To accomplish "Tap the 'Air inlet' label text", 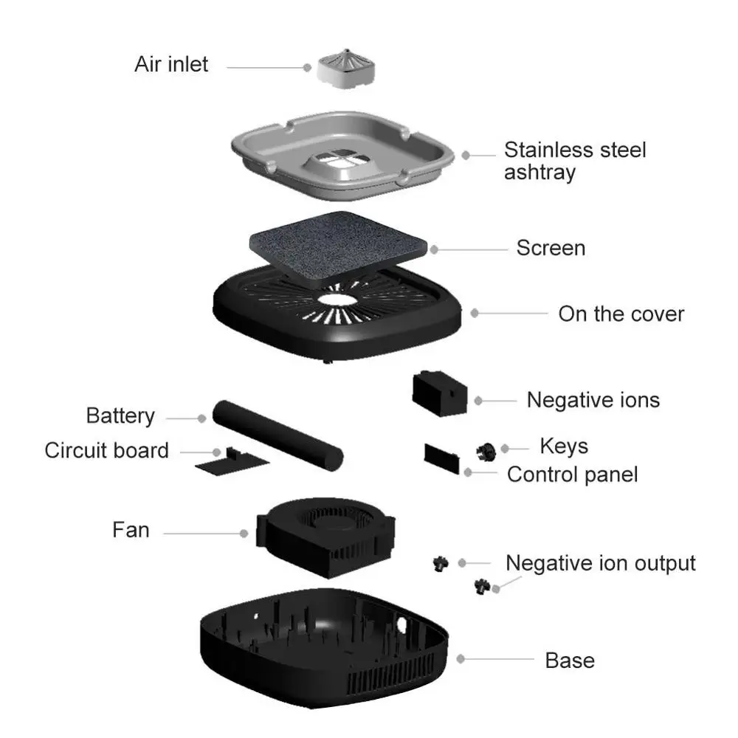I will click(x=171, y=64).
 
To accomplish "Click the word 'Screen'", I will click(x=551, y=248).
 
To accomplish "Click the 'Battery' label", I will click(x=120, y=415).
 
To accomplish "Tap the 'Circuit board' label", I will click(x=106, y=450).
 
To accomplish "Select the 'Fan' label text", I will click(x=131, y=530).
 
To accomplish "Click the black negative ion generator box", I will click(x=440, y=391).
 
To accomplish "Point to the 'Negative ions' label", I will click(x=593, y=400).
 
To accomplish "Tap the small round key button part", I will click(x=486, y=449).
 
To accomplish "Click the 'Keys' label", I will click(x=564, y=446).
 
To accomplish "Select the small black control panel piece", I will click(x=441, y=456).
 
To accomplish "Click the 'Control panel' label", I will click(x=572, y=474).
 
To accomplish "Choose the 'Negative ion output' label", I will click(x=600, y=563).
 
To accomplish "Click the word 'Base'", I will click(x=570, y=660).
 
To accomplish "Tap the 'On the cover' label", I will click(x=621, y=314).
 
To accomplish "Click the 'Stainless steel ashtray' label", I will click(x=575, y=161).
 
